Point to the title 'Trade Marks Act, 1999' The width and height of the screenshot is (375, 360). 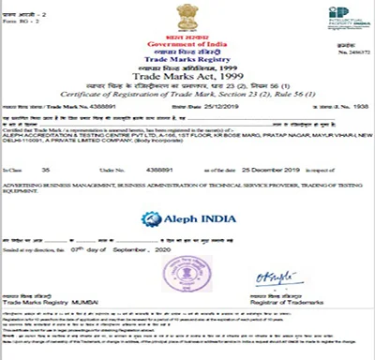tap(187, 76)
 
